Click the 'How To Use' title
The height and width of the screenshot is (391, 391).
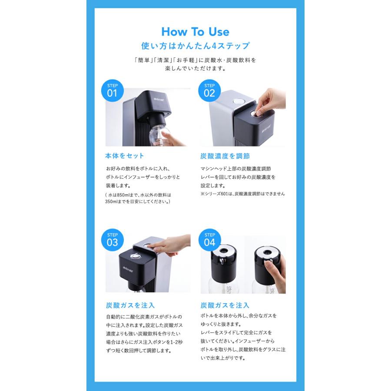coord(195,32)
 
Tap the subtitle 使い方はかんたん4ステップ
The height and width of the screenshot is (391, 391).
coord(195,46)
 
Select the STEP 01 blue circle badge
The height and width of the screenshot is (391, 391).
coord(112,90)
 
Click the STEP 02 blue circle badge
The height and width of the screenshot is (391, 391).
coord(209,90)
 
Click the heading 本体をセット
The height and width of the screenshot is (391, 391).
coord(125,156)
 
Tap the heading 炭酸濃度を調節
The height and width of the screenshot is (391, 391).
coord(225,156)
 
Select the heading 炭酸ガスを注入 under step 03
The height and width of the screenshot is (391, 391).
coord(130,305)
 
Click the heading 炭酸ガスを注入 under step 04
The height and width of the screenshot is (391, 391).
coord(225,305)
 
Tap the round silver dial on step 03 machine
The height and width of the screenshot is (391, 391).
coord(136,256)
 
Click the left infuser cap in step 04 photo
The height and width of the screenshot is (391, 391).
coord(226,261)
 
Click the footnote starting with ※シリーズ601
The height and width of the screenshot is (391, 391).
coord(243,194)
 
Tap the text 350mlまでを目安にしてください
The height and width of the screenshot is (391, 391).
coord(138,202)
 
